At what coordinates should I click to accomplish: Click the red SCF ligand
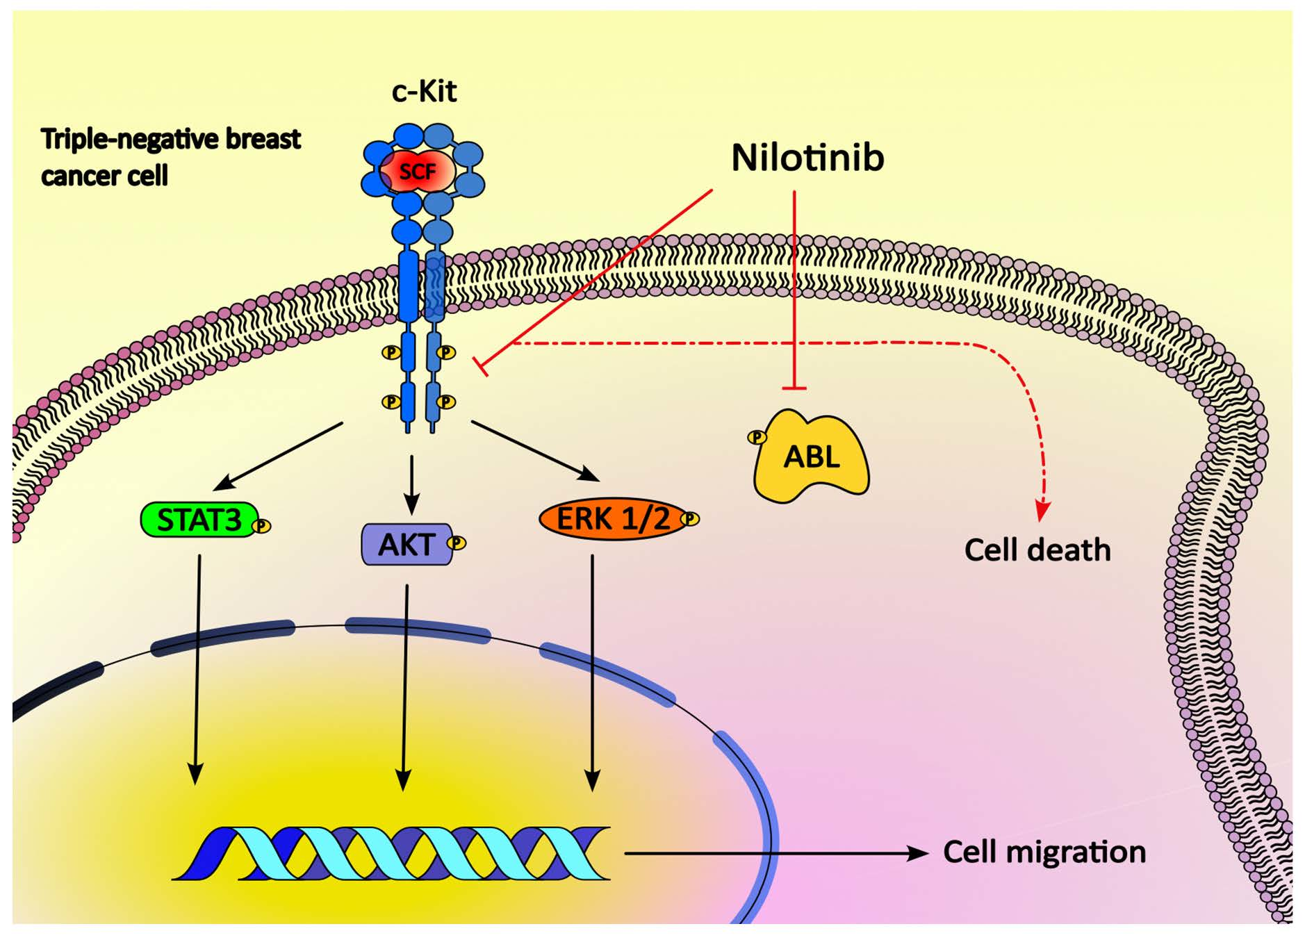(417, 171)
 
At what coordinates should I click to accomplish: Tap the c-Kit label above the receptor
(424, 92)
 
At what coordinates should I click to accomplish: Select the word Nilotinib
(807, 158)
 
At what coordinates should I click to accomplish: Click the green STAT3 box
(199, 520)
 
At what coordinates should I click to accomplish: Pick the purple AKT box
(406, 545)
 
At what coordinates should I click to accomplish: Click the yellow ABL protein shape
(812, 456)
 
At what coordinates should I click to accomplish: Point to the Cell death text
(1037, 550)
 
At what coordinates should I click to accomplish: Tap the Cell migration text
(1044, 852)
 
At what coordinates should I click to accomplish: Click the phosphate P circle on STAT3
(262, 526)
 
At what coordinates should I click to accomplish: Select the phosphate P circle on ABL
(757, 437)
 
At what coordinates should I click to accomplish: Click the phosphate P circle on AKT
(457, 542)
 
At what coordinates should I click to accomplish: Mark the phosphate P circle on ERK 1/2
(690, 518)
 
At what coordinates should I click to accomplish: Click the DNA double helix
(391, 853)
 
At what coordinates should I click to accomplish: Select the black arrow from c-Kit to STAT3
(278, 455)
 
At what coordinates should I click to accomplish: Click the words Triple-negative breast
(171, 140)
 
